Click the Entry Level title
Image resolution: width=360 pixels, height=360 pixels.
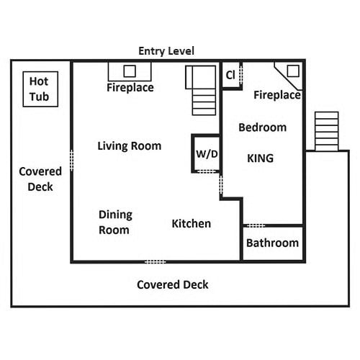pos(166,51)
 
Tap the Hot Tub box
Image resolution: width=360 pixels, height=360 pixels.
pos(40,89)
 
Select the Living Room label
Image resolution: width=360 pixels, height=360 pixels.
pos(130,146)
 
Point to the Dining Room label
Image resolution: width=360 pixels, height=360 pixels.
pos(115,222)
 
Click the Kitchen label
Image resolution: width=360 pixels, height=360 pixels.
pos(192,224)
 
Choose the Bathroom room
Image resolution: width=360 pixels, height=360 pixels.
pos(273,243)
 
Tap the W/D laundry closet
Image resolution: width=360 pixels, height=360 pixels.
pos(207,153)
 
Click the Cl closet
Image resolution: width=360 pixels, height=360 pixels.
pos(231,75)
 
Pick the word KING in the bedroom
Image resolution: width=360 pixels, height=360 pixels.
pos(261,158)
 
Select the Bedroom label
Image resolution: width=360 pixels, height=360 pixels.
pos(263,127)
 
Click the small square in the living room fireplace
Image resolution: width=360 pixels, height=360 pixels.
pos(130,71)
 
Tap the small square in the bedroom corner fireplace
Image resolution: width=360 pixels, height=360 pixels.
pos(293,71)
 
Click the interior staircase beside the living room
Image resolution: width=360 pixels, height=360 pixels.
pos(201,90)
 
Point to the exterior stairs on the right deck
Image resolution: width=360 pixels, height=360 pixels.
pos(327,131)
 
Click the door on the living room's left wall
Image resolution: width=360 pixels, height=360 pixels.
pos(71,161)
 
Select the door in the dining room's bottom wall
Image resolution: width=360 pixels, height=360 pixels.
pos(156,261)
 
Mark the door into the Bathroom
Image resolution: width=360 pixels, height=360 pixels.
pos(256,225)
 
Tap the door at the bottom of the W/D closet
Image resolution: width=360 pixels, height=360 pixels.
pos(207,171)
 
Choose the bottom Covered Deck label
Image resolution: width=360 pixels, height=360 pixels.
pos(173,284)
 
